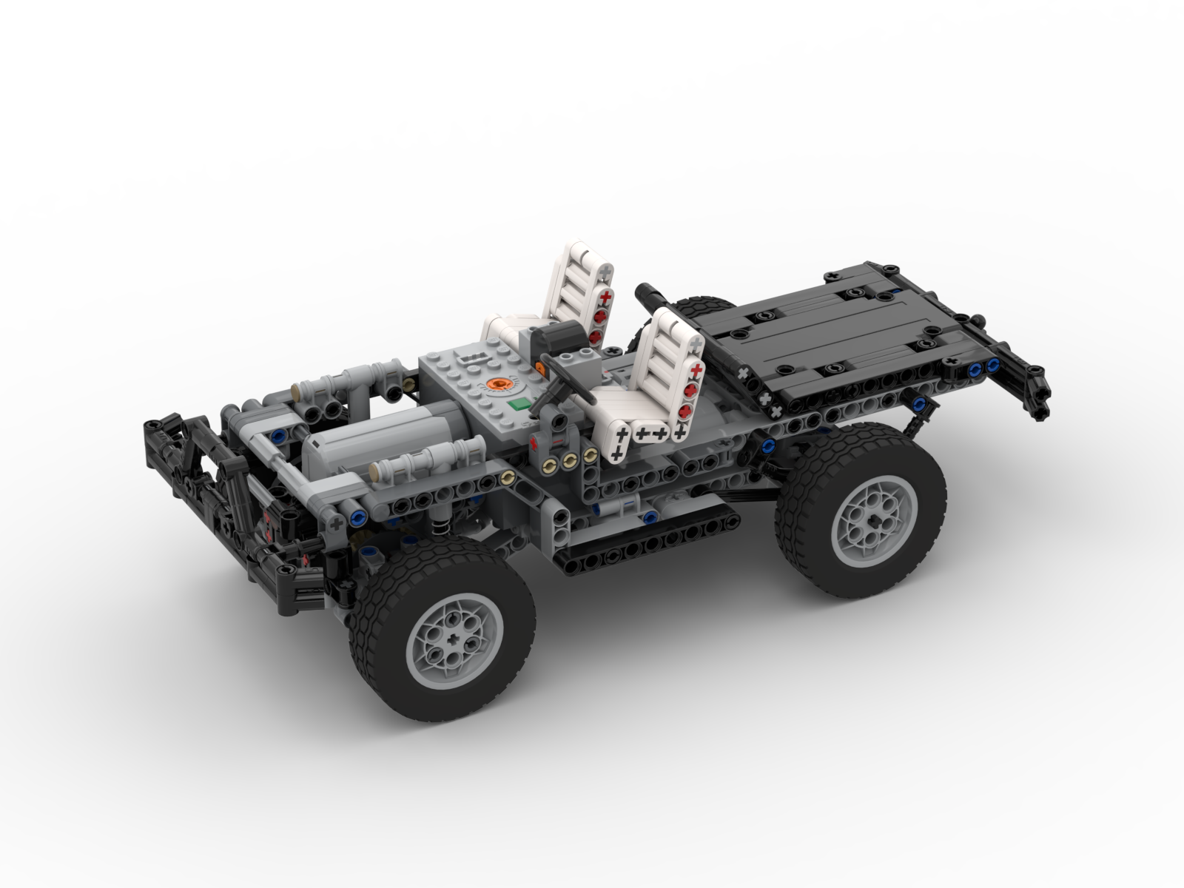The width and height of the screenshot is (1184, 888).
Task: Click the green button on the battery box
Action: pos(522,404)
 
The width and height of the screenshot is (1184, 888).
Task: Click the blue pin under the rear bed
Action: pos(920,403)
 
